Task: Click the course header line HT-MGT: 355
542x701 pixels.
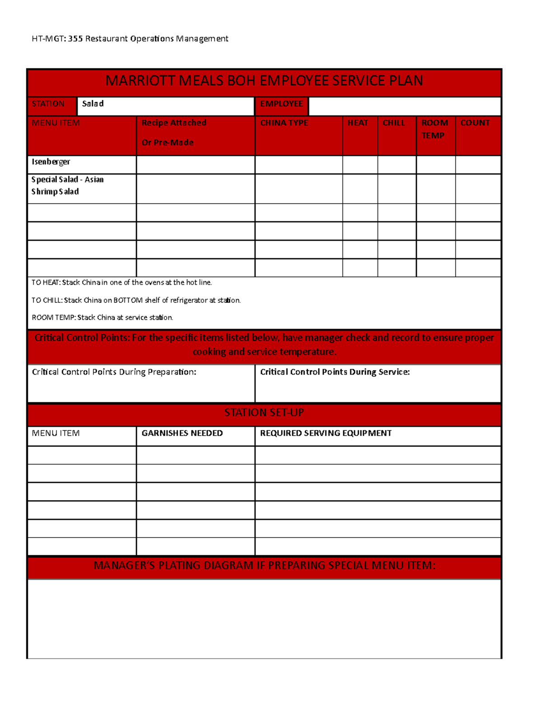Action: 130,39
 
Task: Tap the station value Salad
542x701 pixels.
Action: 93,104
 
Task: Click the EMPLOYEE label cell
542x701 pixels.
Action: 281,104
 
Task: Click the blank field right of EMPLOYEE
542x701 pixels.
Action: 404,106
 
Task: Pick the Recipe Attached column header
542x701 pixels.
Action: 174,123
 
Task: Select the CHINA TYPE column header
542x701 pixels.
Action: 284,123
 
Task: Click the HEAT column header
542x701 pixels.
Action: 358,123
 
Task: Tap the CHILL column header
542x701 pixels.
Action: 394,123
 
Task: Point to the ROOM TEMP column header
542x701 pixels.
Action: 435,129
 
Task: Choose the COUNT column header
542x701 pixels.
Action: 475,123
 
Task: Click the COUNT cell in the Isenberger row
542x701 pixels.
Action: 478,165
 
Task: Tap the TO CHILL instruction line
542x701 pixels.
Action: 136,300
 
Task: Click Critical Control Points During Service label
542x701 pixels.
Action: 335,372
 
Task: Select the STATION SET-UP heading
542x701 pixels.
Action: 264,413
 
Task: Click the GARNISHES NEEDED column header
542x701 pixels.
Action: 182,433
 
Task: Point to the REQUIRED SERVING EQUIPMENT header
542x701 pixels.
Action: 326,433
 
